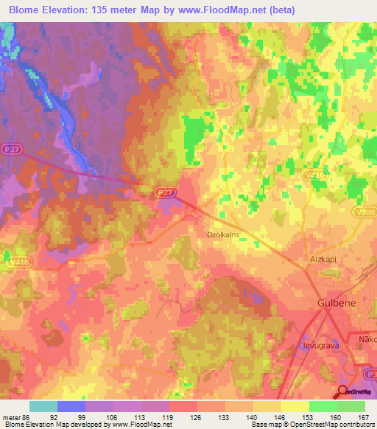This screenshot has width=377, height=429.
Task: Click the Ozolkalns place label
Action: click(224, 235)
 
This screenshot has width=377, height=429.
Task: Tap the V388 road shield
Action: click(362, 192)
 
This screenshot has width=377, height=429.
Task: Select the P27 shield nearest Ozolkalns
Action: click(166, 192)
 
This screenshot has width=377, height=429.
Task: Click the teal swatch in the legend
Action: click(43, 406)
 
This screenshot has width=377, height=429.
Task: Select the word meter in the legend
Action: click(10, 416)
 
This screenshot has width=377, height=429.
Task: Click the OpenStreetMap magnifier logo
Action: click(342, 392)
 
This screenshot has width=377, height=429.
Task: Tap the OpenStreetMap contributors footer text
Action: click(334, 425)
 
